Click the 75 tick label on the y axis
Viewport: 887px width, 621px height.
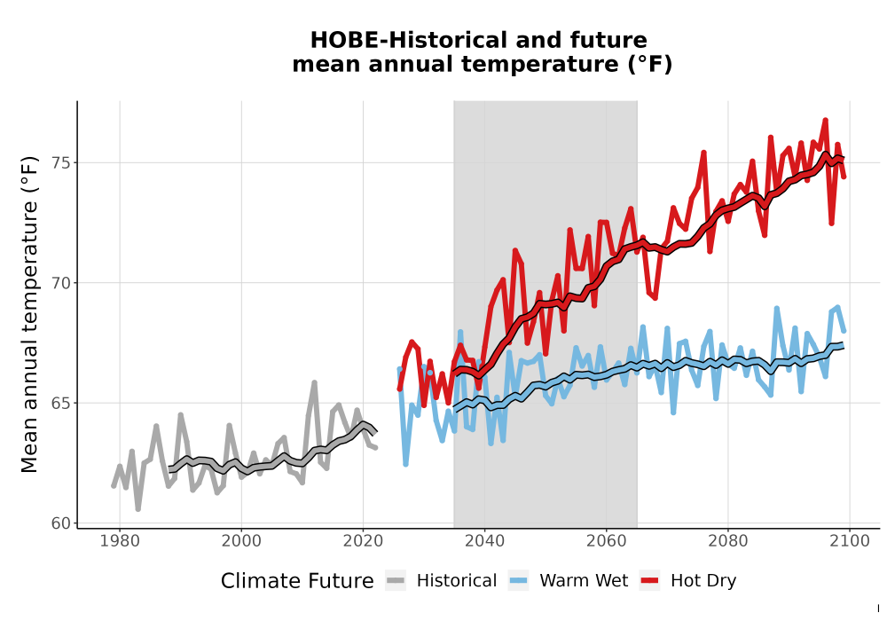[62, 163]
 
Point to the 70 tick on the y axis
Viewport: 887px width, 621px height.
[62, 283]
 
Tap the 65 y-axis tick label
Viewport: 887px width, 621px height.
[62, 404]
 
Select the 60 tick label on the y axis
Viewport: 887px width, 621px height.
[62, 523]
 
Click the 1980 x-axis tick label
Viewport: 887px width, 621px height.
[120, 541]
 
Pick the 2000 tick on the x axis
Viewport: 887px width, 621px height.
[241, 541]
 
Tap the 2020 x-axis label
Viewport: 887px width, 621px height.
[363, 541]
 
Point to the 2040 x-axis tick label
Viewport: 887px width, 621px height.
[485, 541]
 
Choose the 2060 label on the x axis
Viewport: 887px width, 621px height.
[607, 541]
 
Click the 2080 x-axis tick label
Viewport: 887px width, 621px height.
[728, 541]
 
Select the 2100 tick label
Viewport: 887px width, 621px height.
[850, 541]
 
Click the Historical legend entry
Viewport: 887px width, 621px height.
[457, 581]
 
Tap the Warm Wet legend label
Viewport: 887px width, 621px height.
[584, 581]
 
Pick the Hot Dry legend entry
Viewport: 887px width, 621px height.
[703, 581]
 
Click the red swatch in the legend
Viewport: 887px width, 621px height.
[650, 581]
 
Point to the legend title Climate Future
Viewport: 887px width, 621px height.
[297, 581]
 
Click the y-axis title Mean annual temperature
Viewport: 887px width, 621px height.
[29, 314]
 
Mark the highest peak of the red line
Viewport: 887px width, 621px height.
[825, 120]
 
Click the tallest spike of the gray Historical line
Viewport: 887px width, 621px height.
[315, 382]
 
